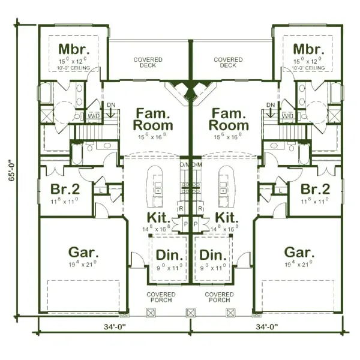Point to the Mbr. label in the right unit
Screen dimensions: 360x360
point(308,49)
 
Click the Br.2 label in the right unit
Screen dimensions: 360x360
point(316,189)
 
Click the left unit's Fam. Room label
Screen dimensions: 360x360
point(154,119)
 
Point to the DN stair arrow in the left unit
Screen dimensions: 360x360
point(111,112)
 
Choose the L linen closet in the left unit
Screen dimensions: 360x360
point(100,190)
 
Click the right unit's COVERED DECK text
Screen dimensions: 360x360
point(229,62)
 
